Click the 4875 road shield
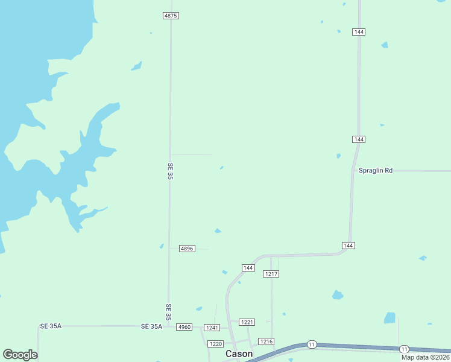pos(171,16)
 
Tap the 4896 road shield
pos(187,249)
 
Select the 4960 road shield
pos(184,327)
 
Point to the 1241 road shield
pos(211,327)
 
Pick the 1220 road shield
pos(215,343)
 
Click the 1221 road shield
pos(247,322)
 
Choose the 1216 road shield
pos(266,341)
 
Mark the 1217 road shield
pos(271,274)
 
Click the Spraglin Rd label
pos(375,171)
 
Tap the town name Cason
pos(239,354)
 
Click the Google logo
pos(20,355)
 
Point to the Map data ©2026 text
pos(426,357)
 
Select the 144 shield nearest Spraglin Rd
pos(359,139)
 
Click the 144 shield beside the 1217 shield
pos(248,267)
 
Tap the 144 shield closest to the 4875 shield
pos(359,31)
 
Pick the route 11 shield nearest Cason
pos(311,344)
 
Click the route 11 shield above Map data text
pos(403,349)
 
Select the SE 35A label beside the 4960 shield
pos(151,326)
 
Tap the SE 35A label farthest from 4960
pos(51,326)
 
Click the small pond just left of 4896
pos(162,246)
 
